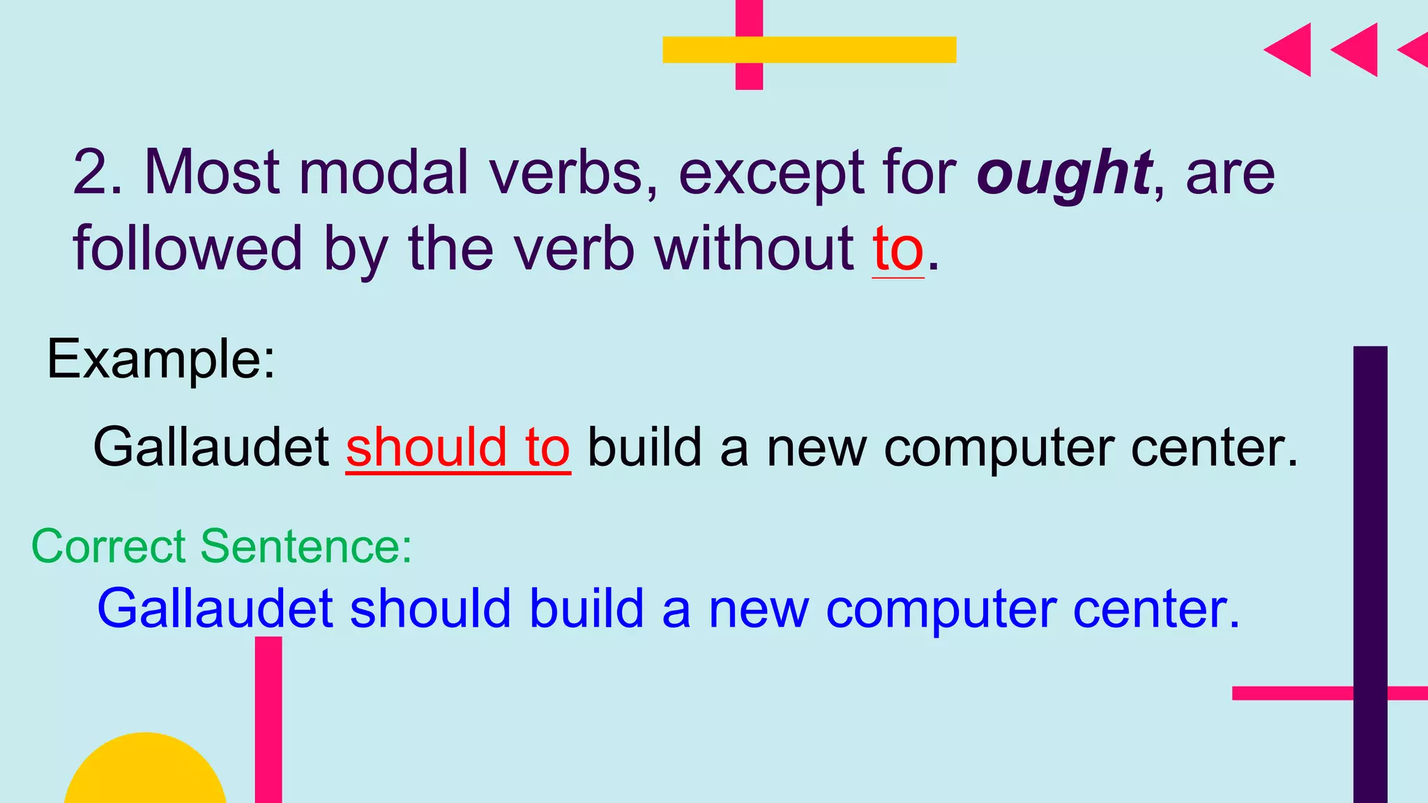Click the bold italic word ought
[x=1063, y=174]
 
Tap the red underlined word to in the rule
[x=898, y=250]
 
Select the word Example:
[x=161, y=360]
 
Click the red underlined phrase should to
[x=458, y=448]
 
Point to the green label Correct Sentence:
[x=222, y=546]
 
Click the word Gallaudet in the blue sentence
[x=215, y=609]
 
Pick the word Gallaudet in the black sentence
[x=211, y=448]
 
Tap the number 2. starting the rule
[x=98, y=172]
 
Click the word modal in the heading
[x=383, y=172]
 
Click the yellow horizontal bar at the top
[x=809, y=49]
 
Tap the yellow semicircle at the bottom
[x=145, y=770]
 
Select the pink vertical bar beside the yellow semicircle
[x=268, y=718]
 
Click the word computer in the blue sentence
[x=940, y=609]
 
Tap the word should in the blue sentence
[x=430, y=609]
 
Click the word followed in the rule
[x=188, y=249]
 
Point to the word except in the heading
[x=770, y=174]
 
